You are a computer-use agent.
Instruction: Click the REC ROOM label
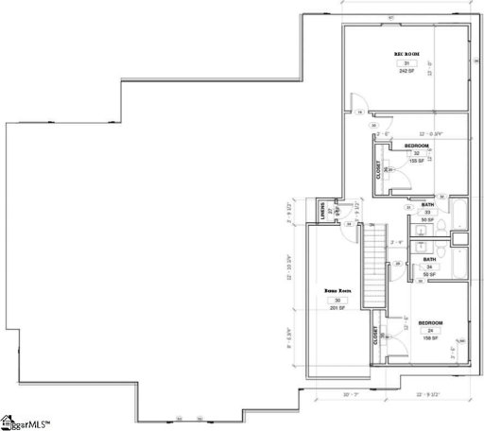coord(406,54)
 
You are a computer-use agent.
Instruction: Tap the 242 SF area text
coord(406,72)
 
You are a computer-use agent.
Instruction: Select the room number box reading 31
coord(406,63)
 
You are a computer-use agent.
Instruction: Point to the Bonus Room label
coord(337,291)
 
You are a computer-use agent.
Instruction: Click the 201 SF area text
coord(337,308)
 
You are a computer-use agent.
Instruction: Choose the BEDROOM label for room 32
coord(417,146)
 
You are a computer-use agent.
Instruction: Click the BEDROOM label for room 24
coord(430,321)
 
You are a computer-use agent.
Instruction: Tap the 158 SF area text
coord(430,338)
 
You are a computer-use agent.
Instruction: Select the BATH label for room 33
coord(427,205)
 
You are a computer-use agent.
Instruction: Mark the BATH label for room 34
coord(428,259)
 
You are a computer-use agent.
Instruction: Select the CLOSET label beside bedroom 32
coord(380,170)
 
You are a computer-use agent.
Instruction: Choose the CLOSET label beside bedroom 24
coord(376,336)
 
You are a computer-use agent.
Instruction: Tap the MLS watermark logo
coord(26,422)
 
